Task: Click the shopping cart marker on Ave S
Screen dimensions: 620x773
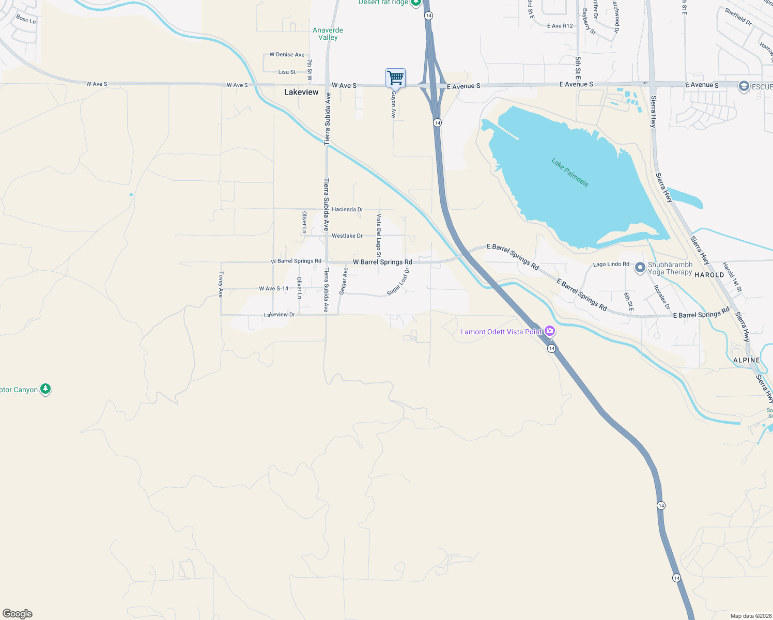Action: click(395, 78)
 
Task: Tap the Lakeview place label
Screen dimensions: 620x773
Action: click(301, 92)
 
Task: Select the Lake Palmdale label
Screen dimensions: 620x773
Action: click(569, 173)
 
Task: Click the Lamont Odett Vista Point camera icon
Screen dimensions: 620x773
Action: click(550, 331)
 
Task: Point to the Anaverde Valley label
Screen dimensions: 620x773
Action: click(328, 34)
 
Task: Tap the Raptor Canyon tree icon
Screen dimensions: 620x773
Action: click(45, 389)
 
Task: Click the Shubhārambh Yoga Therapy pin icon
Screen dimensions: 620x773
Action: click(640, 268)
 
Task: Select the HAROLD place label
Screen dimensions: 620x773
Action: click(709, 275)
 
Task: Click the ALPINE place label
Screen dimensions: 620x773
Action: click(746, 360)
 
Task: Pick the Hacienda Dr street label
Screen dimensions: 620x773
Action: click(347, 209)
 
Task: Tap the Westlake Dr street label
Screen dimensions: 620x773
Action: click(347, 236)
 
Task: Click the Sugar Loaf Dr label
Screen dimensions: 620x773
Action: click(398, 282)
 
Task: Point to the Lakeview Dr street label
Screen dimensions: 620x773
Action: click(279, 315)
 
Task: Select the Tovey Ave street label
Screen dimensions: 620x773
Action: click(221, 284)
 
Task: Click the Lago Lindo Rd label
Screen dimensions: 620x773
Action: click(611, 264)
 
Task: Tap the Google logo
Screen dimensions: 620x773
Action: click(18, 614)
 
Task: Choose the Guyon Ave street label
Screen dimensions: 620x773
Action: click(393, 105)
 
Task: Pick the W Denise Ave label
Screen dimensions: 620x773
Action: click(287, 54)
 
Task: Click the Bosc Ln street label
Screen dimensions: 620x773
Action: click(26, 19)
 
